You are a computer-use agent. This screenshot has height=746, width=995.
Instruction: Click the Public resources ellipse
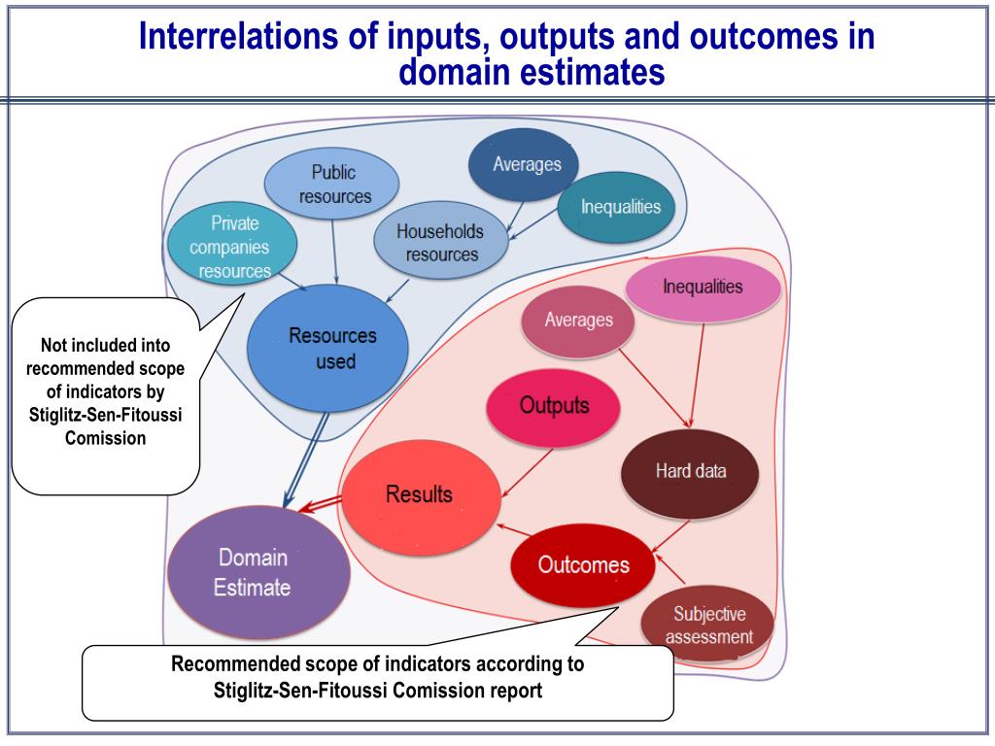click(x=333, y=184)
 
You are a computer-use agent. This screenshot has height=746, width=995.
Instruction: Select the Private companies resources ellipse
click(x=230, y=247)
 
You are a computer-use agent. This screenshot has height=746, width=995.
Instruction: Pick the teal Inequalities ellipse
click(x=620, y=207)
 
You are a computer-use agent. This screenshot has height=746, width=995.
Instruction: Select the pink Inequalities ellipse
click(x=702, y=288)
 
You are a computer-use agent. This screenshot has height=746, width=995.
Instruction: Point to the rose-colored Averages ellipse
click(x=578, y=321)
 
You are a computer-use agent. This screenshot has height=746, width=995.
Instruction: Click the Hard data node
click(x=691, y=472)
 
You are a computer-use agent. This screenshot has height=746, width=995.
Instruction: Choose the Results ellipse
click(x=420, y=495)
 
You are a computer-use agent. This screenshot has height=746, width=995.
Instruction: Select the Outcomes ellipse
click(x=583, y=565)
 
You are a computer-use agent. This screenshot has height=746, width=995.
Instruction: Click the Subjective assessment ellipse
click(x=709, y=625)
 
